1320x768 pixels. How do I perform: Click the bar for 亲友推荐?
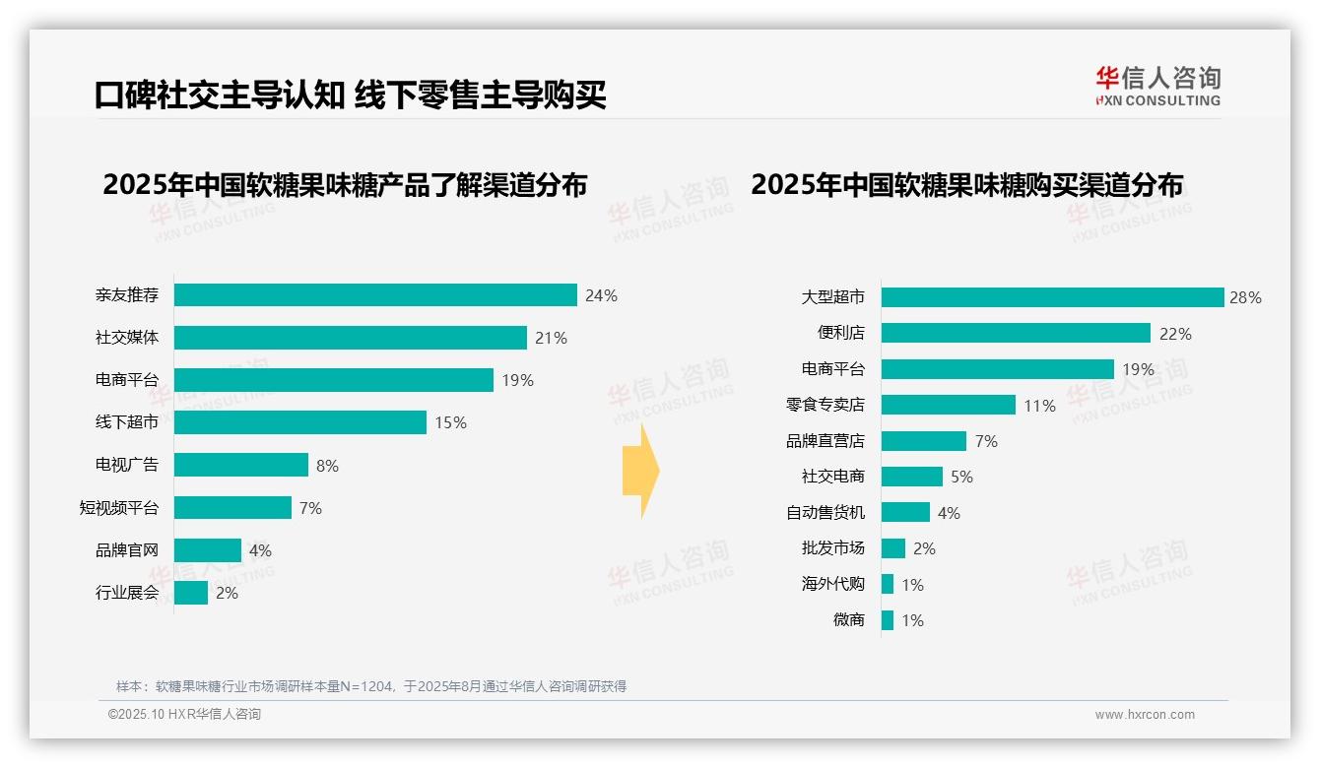tap(375, 295)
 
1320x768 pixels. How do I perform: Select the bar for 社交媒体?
tap(351, 338)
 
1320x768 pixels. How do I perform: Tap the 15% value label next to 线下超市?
tap(450, 423)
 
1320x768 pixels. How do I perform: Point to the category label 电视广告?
tap(126, 464)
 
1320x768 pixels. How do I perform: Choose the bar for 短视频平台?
tap(233, 508)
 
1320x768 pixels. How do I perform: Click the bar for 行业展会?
tap(191, 593)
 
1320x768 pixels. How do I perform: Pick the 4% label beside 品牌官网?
tap(260, 550)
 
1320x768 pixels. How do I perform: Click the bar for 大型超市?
tap(1052, 297)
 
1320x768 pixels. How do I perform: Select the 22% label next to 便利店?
tap(1175, 334)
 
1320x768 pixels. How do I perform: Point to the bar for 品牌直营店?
tap(924, 441)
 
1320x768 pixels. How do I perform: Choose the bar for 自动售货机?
tap(905, 513)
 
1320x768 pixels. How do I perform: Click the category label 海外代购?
tap(832, 584)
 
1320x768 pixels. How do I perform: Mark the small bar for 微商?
tap(888, 620)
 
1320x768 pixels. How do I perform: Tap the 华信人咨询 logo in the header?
tap(1157, 87)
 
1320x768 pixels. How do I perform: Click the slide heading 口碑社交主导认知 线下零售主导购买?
tap(350, 96)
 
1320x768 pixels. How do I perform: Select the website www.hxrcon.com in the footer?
tap(1145, 715)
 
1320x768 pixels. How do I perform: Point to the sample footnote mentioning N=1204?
tap(371, 686)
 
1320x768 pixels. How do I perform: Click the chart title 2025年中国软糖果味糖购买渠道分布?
tap(966, 185)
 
